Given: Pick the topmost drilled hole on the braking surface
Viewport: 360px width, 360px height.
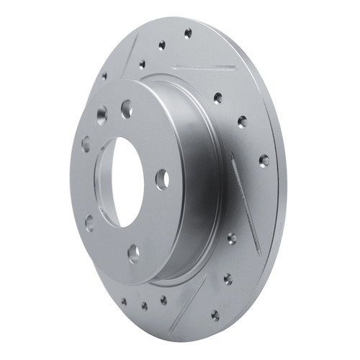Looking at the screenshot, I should (188, 33).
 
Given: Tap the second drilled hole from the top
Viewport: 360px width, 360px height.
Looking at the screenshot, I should (161, 45).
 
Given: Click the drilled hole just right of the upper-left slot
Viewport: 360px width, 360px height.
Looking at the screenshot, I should (141, 64).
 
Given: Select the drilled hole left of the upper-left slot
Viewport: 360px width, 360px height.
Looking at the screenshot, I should (104, 75).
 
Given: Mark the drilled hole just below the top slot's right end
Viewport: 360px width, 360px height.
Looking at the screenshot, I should (217, 98).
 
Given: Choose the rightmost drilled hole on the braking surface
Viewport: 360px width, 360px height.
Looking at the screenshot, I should (264, 160).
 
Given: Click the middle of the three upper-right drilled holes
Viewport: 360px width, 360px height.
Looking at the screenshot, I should (242, 122).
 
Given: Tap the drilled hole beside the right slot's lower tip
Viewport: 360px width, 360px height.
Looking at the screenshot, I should (232, 238).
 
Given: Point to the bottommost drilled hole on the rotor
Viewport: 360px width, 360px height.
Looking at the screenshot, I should (215, 315).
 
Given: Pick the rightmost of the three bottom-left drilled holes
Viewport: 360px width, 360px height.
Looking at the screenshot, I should (163, 300).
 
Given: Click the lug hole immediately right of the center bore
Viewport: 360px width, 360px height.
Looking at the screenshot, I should (162, 179).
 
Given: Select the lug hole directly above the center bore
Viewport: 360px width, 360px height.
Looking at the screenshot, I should (127, 109).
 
